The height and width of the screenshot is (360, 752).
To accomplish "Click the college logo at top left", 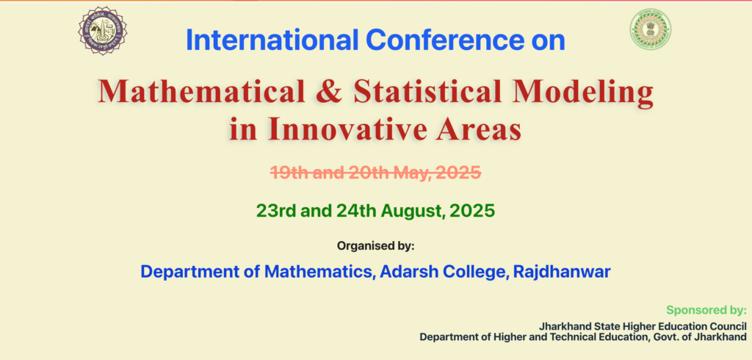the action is (103, 31).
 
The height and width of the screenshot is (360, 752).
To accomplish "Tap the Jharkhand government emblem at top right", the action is (651, 30).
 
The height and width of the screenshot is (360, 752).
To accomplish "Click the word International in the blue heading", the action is (272, 40).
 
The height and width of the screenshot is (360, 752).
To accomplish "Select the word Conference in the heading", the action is (443, 40).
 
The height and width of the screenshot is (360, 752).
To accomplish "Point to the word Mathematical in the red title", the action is (201, 90).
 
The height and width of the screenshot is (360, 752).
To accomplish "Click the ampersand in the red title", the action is (330, 91).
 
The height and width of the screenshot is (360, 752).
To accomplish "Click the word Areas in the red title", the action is (479, 129).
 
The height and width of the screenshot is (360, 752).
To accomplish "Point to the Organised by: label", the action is (375, 246).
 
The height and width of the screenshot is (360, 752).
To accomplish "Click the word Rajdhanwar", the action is (562, 272).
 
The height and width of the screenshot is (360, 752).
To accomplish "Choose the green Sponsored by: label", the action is (706, 309).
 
